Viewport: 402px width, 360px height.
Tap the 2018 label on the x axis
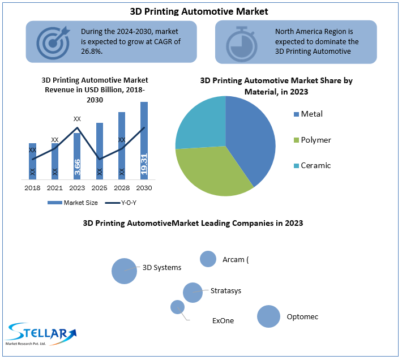[x=32, y=187]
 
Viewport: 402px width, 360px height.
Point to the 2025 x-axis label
[x=99, y=187]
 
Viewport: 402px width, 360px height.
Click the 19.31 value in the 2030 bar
[x=144, y=165]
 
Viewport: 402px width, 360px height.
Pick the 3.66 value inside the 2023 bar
[x=77, y=168]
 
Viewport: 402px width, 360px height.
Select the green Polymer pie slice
[x=209, y=170]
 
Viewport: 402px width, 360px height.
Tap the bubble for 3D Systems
[x=124, y=271]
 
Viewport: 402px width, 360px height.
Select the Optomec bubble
[x=268, y=316]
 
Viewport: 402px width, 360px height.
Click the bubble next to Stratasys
[x=193, y=293]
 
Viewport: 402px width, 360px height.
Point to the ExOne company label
[x=223, y=320]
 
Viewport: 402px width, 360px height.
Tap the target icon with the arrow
[x=53, y=41]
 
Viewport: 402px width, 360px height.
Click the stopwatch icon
[x=242, y=42]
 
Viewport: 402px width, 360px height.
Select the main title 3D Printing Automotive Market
[x=200, y=11]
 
